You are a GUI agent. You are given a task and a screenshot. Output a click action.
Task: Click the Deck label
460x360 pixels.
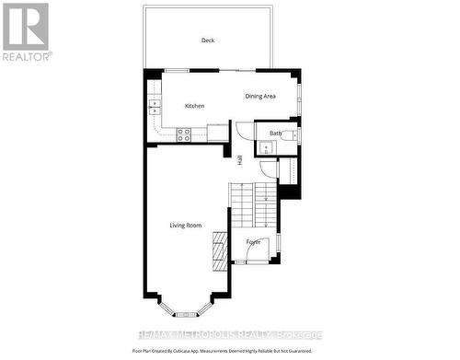click(x=208, y=41)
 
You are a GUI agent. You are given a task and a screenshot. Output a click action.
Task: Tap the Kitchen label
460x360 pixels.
click(x=194, y=106)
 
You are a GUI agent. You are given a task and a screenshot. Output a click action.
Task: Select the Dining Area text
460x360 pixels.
click(x=260, y=97)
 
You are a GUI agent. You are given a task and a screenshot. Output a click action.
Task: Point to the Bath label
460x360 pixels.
click(x=275, y=134)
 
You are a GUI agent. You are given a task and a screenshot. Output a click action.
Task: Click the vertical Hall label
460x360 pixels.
click(x=240, y=159)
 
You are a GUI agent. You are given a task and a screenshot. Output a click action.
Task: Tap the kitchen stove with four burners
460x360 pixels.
click(x=184, y=134)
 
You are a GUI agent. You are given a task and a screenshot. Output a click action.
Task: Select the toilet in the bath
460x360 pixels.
click(x=289, y=135)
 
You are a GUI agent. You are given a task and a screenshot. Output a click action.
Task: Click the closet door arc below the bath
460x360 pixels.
click(x=267, y=169)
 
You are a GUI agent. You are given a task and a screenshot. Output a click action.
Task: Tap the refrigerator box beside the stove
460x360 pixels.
click(x=217, y=133)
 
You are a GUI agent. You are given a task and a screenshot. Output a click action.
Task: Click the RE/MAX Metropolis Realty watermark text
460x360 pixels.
click(x=229, y=336)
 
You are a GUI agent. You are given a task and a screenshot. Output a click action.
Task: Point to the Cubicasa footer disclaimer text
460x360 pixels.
click(x=229, y=351)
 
